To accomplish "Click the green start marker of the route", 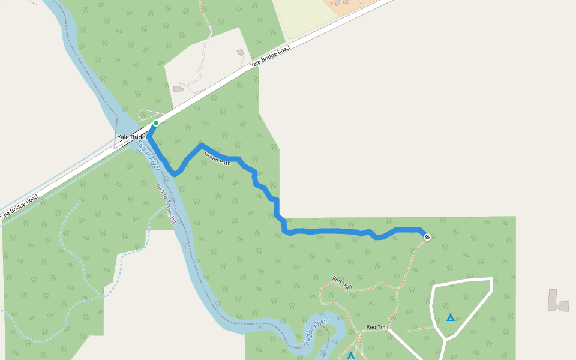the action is pyautogui.click(x=156, y=123).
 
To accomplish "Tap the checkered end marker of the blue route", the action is pyautogui.click(x=427, y=237).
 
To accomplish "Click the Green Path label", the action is pyautogui.click(x=217, y=159).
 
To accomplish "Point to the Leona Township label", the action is pyautogui.click(x=167, y=205).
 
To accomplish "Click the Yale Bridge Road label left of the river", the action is pyautogui.click(x=19, y=206).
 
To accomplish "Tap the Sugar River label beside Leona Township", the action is pyautogui.click(x=146, y=152).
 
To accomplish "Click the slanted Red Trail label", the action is pyautogui.click(x=343, y=283).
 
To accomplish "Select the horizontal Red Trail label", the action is pyautogui.click(x=377, y=327).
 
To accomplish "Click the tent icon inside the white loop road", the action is pyautogui.click(x=450, y=317).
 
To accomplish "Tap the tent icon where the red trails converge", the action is pyautogui.click(x=351, y=356).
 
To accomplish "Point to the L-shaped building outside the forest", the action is pyautogui.click(x=558, y=301).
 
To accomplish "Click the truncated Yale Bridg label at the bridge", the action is pyautogui.click(x=131, y=137).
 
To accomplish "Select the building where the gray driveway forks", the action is pyautogui.click(x=178, y=89).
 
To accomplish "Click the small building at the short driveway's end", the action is pyautogui.click(x=241, y=52).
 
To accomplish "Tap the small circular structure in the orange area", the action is pyautogui.click(x=337, y=3).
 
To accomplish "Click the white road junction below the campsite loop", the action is pyautogui.click(x=445, y=340).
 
